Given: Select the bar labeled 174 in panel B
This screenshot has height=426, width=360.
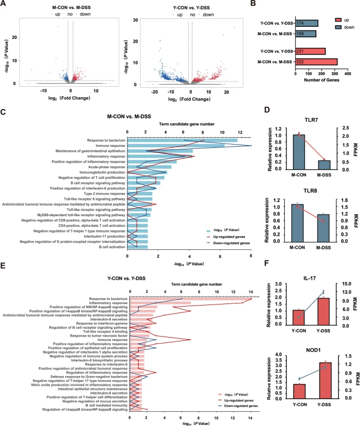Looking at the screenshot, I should point(307,24).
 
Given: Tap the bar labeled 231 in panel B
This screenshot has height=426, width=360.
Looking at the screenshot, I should point(311,52).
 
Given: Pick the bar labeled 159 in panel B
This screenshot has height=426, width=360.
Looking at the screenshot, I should point(306,34).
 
